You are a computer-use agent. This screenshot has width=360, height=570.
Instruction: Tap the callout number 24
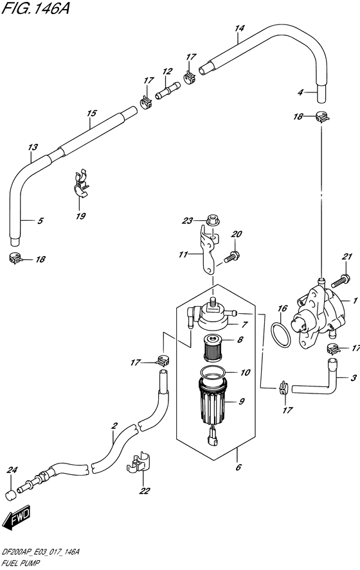(x=12, y=471)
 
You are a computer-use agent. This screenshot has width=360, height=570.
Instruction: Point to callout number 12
(x=167, y=72)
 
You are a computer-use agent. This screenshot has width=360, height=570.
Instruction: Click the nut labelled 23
(x=211, y=220)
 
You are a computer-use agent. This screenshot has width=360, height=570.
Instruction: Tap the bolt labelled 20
(x=230, y=257)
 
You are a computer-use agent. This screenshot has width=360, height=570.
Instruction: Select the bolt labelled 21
(x=341, y=281)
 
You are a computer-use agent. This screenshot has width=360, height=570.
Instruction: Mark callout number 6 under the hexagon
(x=239, y=467)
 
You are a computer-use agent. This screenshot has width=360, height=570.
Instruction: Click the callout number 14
(x=240, y=28)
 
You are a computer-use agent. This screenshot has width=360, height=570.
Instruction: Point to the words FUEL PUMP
(x=21, y=564)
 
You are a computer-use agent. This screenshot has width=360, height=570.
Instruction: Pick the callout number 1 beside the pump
(x=355, y=300)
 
